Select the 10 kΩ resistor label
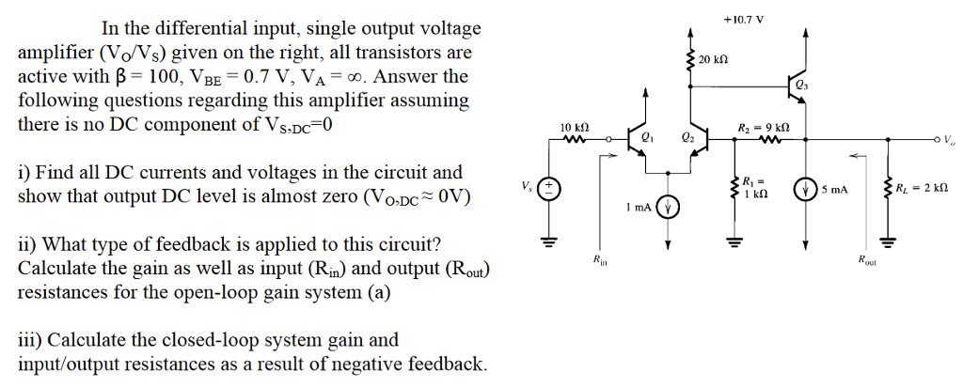pyautogui.click(x=574, y=127)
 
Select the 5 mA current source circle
pyautogui.click(x=806, y=189)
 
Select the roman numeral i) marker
pyautogui.click(x=25, y=173)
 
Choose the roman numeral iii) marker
pyautogui.click(x=30, y=340)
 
